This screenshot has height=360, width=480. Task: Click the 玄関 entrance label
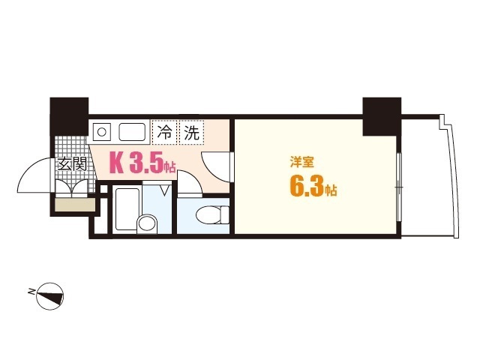73,163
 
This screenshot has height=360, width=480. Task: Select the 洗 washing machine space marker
192,134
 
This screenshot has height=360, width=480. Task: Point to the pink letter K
117,163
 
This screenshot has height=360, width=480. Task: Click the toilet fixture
211,215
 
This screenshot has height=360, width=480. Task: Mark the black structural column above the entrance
68,114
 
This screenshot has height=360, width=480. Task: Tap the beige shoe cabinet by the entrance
74,205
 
